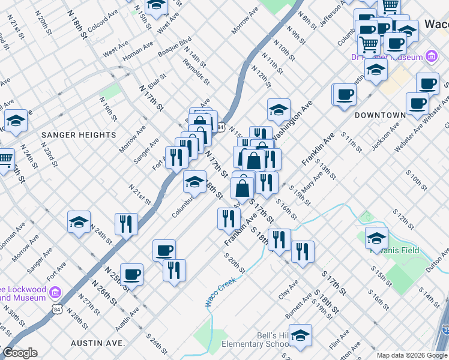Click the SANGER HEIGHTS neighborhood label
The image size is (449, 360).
coord(79,135)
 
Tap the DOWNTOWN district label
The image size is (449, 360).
coord(379,115)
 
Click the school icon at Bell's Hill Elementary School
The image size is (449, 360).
coord(300,336)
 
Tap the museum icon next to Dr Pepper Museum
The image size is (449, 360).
coord(430,56)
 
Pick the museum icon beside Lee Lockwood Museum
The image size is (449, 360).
coord(55,292)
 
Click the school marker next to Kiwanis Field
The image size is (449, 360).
coord(376,238)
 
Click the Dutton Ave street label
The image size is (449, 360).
coord(437,260)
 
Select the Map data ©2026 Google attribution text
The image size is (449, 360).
coord(411,355)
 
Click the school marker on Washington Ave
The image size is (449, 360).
coord(279,110)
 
